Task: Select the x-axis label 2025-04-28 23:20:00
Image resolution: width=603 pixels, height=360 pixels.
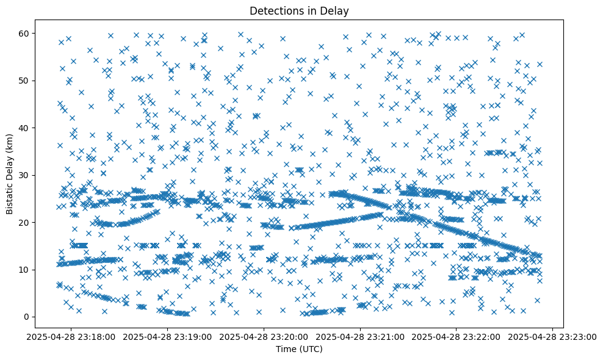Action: click(x=264, y=336)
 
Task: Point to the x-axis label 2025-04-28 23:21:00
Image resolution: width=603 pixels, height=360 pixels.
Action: click(x=360, y=336)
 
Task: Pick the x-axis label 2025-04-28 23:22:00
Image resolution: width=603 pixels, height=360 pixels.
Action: click(x=456, y=336)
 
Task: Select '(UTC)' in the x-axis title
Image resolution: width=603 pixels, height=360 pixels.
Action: click(x=312, y=349)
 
